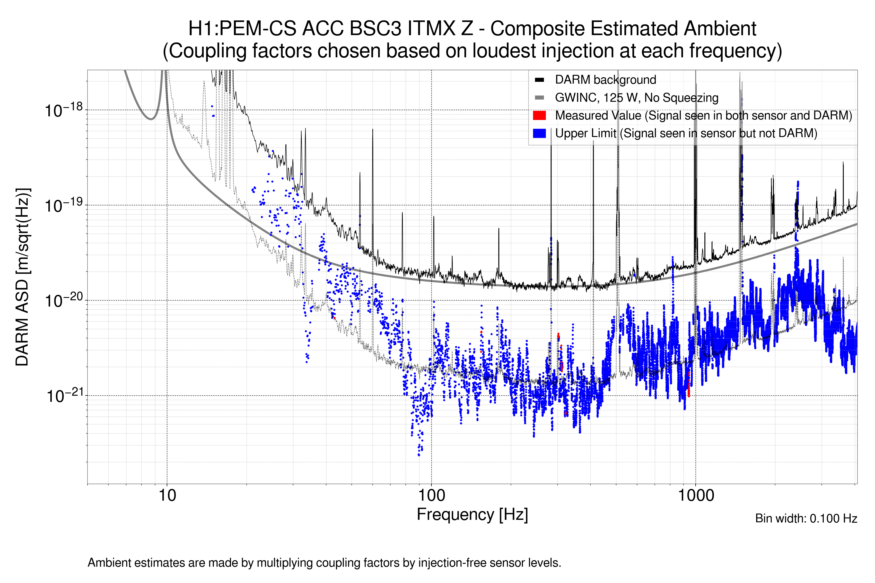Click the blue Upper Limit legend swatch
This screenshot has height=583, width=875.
[539, 133]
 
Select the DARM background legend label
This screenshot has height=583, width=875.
[605, 80]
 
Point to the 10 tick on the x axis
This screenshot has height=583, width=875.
[167, 496]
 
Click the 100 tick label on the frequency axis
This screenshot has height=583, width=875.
[432, 496]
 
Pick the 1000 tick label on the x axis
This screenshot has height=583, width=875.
[696, 496]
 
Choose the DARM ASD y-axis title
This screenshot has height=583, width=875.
[22, 277]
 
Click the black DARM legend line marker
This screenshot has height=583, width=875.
[539, 80]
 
